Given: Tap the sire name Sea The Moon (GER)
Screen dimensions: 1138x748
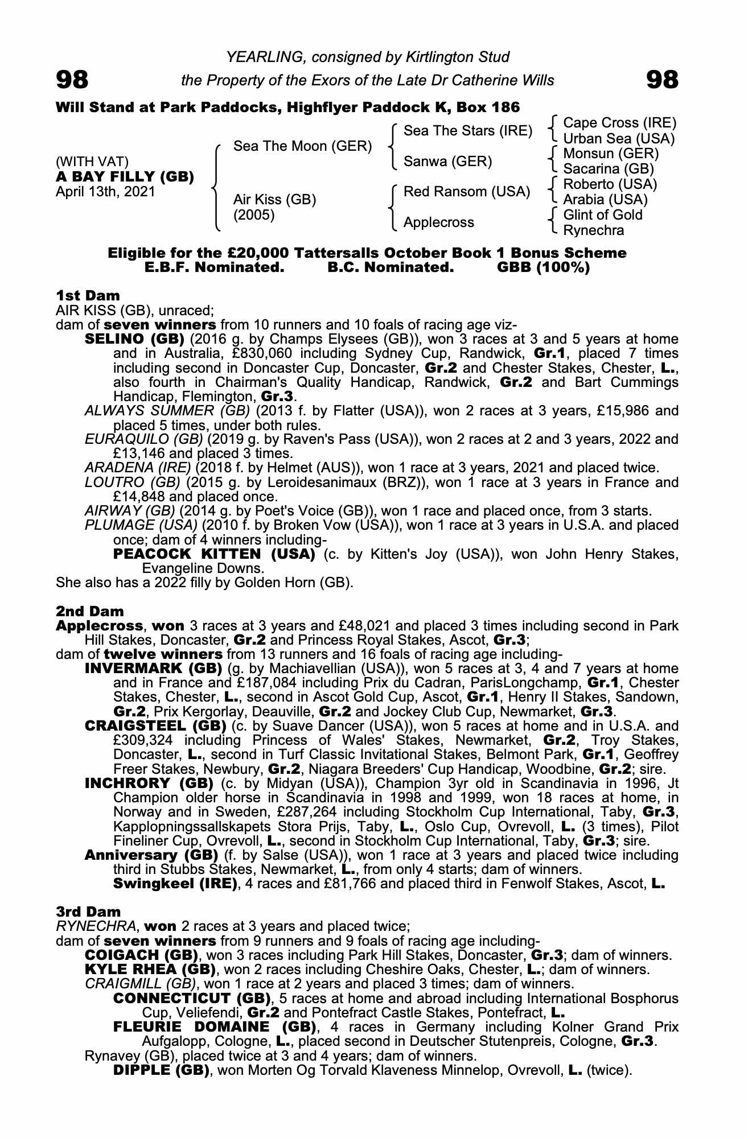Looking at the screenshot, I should click(302, 146).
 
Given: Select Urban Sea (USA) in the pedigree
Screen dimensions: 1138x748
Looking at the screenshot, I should click(618, 138).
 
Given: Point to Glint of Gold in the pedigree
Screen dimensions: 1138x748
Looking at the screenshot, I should click(602, 215).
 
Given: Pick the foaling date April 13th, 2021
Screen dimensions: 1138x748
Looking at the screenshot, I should click(105, 191).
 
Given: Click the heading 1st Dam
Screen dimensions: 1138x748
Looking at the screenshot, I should click(88, 295).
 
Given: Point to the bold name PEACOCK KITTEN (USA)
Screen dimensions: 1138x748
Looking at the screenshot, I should click(214, 554).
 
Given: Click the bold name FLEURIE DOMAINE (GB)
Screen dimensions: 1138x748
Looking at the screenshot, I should click(215, 1026).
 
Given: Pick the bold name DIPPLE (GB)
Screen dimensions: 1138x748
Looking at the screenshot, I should click(161, 1070).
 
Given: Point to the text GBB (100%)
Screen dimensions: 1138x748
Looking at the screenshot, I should click(543, 267).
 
